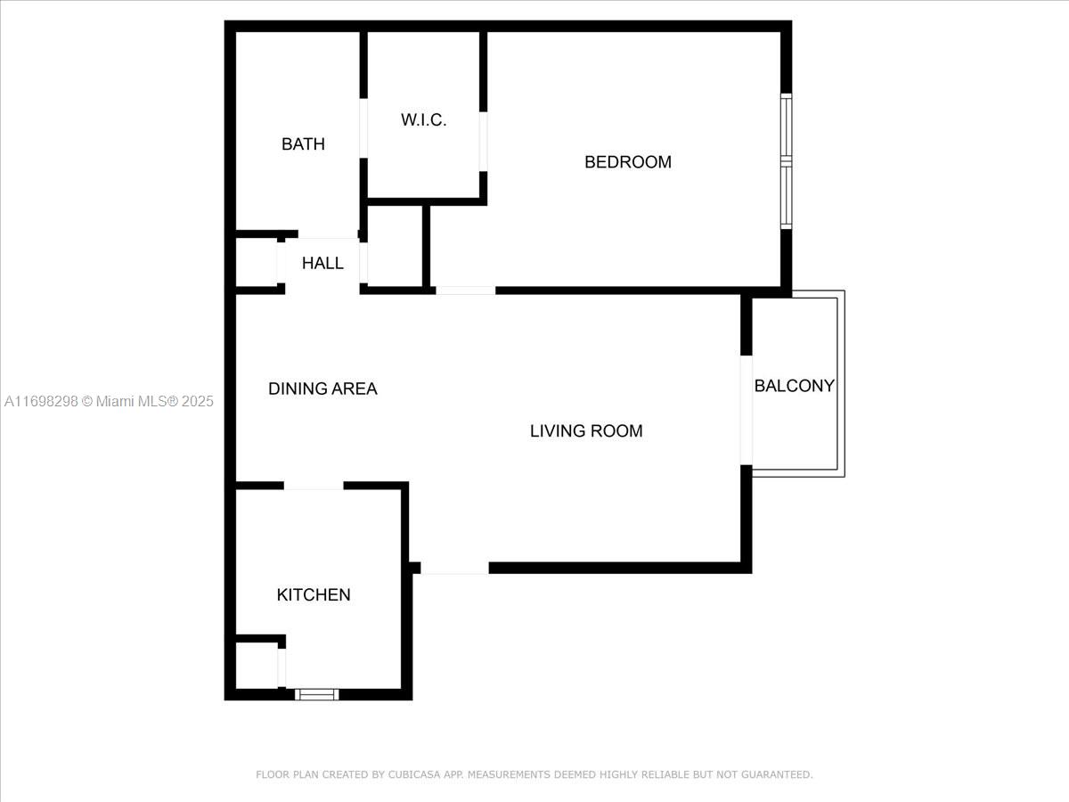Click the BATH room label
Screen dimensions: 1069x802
tap(303, 144)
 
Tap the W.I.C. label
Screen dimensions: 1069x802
tap(423, 119)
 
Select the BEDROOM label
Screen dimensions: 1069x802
tap(628, 162)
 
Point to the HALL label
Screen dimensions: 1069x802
tap(322, 263)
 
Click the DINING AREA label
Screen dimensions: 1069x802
tap(322, 389)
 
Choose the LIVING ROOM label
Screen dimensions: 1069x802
tap(586, 431)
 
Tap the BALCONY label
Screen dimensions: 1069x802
tap(795, 386)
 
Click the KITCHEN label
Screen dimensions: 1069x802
tap(314, 594)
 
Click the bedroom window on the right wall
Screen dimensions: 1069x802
tap(786, 161)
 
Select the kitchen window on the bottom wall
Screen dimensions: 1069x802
tap(316, 694)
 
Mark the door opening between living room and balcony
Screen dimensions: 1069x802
tap(747, 410)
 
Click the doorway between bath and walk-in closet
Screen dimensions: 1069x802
tap(363, 128)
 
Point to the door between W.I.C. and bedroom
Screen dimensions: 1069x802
tap(483, 142)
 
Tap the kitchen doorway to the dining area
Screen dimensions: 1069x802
tap(314, 486)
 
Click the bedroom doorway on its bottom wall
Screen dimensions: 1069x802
tap(466, 291)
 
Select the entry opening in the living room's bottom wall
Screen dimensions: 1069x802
tap(455, 568)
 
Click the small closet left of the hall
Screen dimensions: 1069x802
tap(257, 263)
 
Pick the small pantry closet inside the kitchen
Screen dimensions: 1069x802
tap(257, 666)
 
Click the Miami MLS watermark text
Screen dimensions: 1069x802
tap(109, 401)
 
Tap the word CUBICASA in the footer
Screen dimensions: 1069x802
tap(414, 774)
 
